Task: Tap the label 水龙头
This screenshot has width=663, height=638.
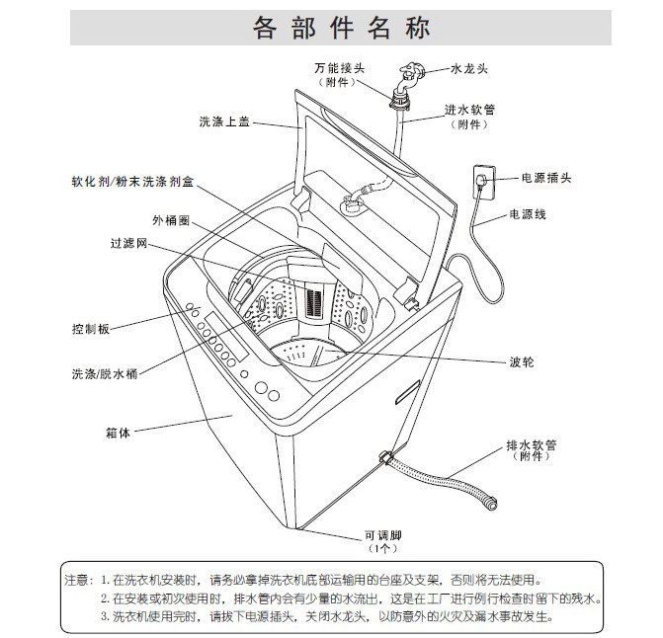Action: click(469, 68)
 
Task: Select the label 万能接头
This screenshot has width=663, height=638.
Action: click(336, 68)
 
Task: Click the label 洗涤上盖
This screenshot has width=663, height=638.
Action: click(222, 122)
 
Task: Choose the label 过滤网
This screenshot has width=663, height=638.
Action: click(128, 243)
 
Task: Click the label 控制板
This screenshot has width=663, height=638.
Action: click(90, 328)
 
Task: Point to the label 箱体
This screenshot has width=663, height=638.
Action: click(118, 432)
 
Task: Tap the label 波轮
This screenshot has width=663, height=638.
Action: click(522, 362)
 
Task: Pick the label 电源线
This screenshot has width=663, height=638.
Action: click(528, 214)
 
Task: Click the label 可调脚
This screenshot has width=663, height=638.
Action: click(384, 533)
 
